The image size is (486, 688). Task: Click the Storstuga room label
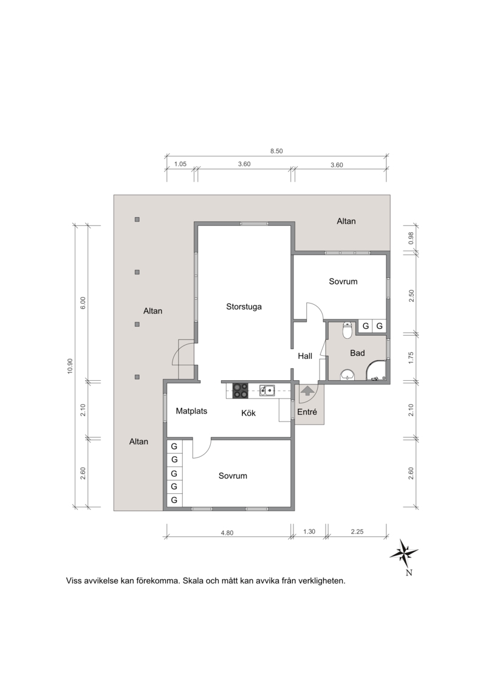click(244, 307)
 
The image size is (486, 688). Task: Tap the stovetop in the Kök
click(240, 391)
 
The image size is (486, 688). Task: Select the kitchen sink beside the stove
click(267, 390)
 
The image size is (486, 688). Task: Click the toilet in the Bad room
click(347, 330)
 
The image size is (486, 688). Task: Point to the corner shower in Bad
click(377, 370)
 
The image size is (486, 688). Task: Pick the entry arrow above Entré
click(307, 391)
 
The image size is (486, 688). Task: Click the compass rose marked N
click(404, 554)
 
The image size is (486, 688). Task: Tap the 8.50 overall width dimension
click(276, 151)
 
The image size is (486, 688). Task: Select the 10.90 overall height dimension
click(70, 366)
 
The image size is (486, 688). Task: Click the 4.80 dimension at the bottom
click(227, 533)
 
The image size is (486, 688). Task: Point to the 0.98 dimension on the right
click(411, 238)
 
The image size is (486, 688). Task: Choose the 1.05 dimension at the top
click(180, 164)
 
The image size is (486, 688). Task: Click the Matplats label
click(191, 411)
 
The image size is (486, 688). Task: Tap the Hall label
click(305, 356)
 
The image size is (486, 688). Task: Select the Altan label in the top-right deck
click(346, 221)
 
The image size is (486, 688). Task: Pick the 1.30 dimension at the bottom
click(309, 531)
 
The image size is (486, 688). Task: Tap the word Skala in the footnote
click(193, 581)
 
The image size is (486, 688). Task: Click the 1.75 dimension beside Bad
click(411, 358)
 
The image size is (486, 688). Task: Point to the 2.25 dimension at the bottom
click(357, 531)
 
